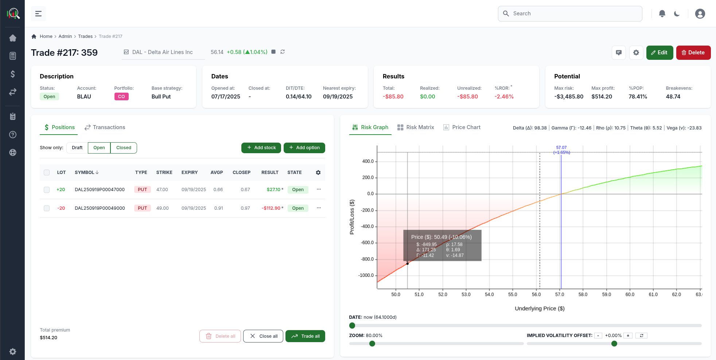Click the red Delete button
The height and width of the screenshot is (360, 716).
click(x=693, y=53)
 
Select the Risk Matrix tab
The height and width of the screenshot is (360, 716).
click(x=416, y=127)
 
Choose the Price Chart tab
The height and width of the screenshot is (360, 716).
click(x=462, y=127)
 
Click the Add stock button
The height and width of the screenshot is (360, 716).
click(x=261, y=148)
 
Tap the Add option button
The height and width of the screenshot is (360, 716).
click(x=304, y=148)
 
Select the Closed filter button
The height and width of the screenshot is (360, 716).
click(x=124, y=148)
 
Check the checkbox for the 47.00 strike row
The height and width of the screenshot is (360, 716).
click(x=47, y=190)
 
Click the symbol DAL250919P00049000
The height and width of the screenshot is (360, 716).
click(x=100, y=208)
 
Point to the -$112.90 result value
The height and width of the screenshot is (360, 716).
click(x=271, y=208)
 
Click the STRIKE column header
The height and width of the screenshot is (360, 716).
click(x=164, y=173)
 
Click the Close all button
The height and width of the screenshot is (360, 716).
click(x=263, y=336)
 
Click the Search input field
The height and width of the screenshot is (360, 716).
click(x=570, y=13)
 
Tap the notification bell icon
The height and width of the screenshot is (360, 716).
click(x=662, y=13)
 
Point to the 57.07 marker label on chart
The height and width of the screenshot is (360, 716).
click(x=561, y=148)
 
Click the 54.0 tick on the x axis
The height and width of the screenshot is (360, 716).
click(x=489, y=294)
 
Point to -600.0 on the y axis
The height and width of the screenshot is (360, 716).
click(x=367, y=243)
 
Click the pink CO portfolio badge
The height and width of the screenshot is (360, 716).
click(x=121, y=97)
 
